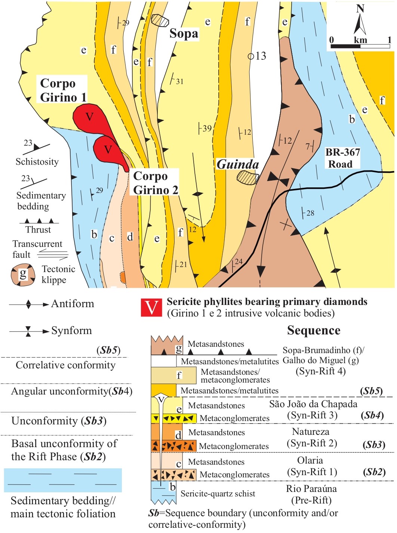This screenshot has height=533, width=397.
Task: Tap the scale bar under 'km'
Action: [x=360, y=46]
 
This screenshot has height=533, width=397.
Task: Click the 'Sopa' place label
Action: [x=184, y=34]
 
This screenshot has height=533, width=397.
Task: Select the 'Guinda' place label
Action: [x=238, y=165]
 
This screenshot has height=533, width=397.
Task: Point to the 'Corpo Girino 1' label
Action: [x=63, y=90]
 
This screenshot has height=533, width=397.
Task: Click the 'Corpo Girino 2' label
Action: [x=155, y=183]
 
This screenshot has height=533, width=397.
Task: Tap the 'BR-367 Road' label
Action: [x=342, y=158]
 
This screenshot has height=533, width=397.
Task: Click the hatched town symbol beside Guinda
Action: [x=248, y=177]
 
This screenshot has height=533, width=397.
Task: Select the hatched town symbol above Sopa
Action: [x=160, y=20]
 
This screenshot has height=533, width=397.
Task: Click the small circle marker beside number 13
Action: [x=251, y=56]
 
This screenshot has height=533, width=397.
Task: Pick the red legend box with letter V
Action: [x=151, y=308]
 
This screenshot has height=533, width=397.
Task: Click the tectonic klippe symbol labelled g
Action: [x=23, y=275]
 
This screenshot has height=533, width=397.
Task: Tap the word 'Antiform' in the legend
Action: [x=73, y=303]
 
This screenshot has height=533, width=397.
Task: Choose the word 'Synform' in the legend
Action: [x=71, y=330]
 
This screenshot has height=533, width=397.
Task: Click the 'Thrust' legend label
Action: [x=38, y=230]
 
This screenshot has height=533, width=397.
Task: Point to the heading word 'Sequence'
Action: [x=314, y=330]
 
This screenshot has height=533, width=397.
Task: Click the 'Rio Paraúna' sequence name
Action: [x=311, y=489]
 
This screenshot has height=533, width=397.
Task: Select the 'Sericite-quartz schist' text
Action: [x=218, y=493]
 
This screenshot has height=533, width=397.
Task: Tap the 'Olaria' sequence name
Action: [x=310, y=460]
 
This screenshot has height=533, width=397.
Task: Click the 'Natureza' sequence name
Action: [x=310, y=431]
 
